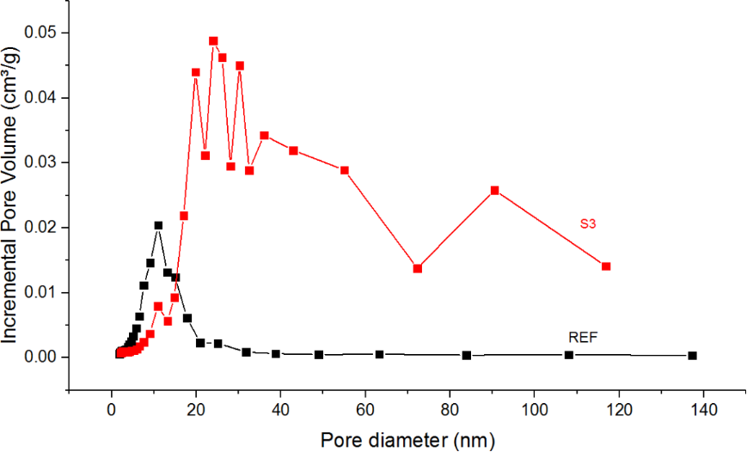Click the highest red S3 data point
pyautogui.click(x=213, y=40)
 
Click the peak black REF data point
pyautogui.click(x=158, y=225)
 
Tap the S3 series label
pyautogui.click(x=587, y=225)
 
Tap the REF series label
pyautogui.click(x=582, y=336)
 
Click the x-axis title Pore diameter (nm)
pyautogui.click(x=408, y=440)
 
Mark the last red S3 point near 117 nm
pyautogui.click(x=606, y=266)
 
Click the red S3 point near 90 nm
pyautogui.click(x=494, y=190)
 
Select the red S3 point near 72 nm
pyautogui.click(x=418, y=268)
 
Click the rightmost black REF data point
pyautogui.click(x=692, y=356)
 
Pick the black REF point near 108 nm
pyautogui.click(x=569, y=355)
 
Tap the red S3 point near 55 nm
pyautogui.click(x=345, y=170)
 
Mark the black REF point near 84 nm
pyautogui.click(x=467, y=356)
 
